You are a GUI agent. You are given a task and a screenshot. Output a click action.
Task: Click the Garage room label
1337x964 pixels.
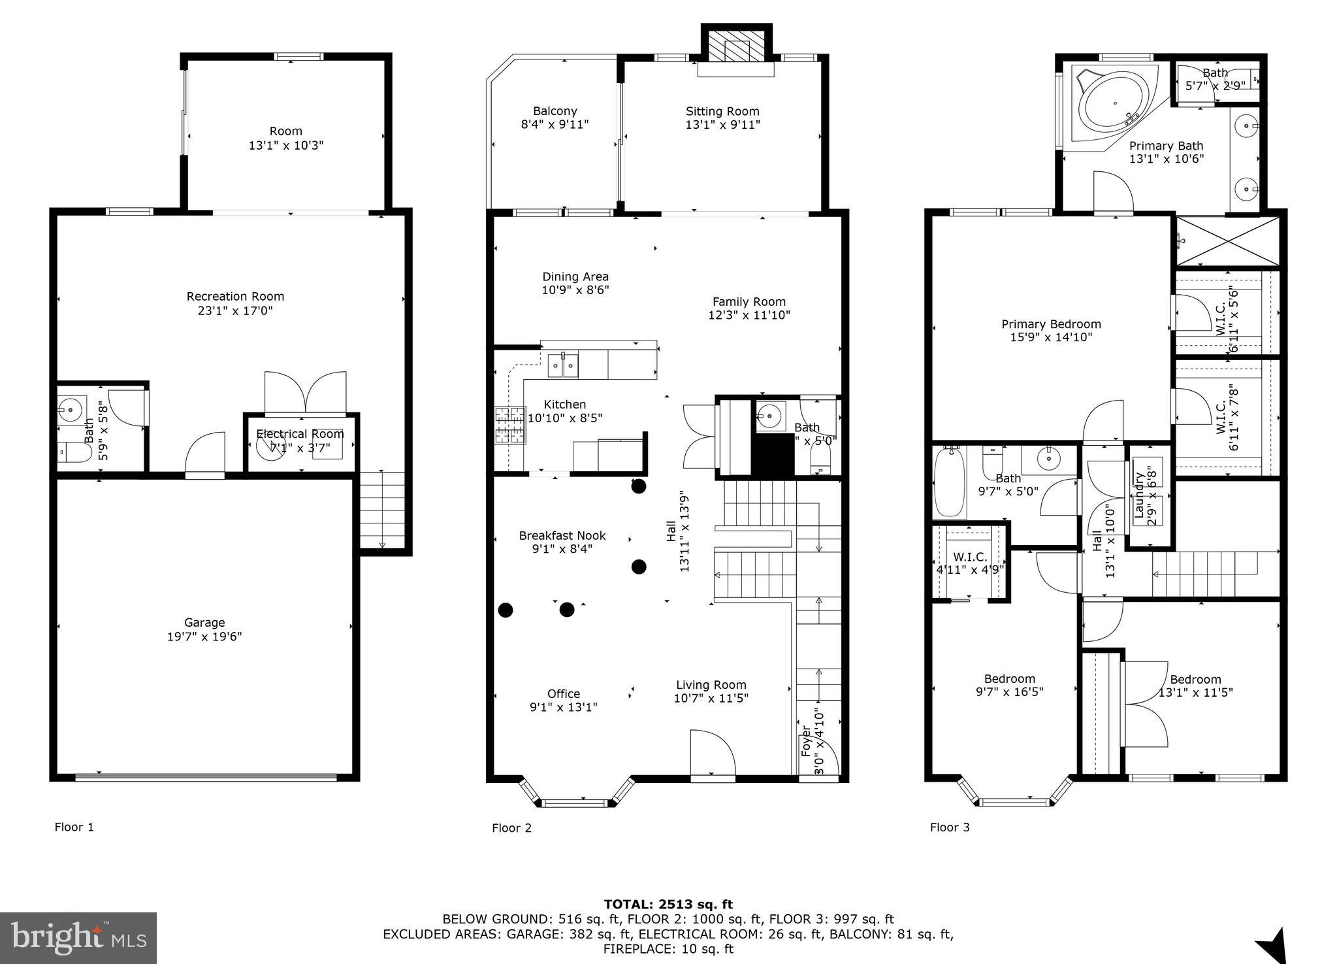tap(204, 623)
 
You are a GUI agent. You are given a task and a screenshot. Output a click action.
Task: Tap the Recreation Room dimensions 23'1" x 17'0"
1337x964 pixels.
tap(235, 310)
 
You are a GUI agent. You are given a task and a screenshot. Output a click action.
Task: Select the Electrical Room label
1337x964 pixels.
tap(300, 434)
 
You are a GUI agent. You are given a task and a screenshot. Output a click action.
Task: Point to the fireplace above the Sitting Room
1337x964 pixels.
tap(736, 48)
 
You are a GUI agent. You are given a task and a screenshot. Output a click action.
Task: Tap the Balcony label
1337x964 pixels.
tap(555, 111)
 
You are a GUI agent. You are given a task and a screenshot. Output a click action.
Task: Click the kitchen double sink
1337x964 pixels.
tap(562, 365)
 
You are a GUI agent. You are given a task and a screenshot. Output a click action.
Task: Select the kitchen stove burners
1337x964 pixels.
tap(510, 425)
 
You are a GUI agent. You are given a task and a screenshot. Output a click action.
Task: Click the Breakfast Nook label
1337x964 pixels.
tap(562, 535)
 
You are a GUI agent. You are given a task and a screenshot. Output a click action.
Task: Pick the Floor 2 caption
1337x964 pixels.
tap(511, 828)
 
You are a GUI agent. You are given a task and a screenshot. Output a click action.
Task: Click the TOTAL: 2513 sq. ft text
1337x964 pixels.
tap(668, 905)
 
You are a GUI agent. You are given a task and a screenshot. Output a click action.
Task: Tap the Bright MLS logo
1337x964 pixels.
tap(78, 938)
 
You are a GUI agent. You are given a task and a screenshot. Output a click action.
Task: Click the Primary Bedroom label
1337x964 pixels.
tap(1051, 324)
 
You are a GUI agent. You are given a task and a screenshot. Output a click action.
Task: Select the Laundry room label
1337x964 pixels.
tap(1140, 495)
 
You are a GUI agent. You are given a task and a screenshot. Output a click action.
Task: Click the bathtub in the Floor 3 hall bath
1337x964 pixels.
tap(949, 482)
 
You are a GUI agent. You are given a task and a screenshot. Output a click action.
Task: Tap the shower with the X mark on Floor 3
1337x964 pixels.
tap(1228, 241)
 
